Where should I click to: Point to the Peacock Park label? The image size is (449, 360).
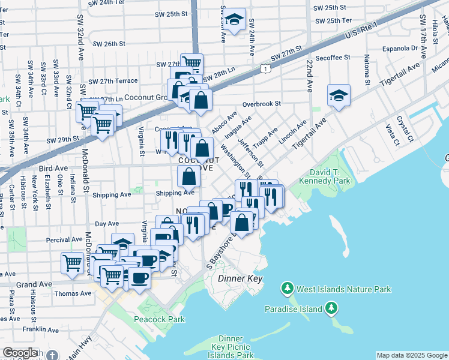point(161,320)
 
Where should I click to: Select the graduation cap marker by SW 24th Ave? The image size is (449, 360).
point(235,17)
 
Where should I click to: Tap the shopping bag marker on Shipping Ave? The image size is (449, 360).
point(188,177)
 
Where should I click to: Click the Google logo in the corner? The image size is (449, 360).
point(20,353)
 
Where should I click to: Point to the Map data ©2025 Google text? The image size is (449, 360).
point(411,355)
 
